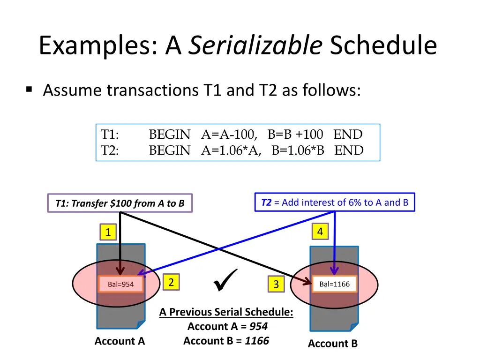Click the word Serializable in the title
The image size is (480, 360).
click(x=255, y=46)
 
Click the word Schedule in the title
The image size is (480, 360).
click(x=383, y=46)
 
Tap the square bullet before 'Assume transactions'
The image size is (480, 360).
click(x=30, y=89)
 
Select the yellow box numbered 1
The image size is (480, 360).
click(x=108, y=232)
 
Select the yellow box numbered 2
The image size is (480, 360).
click(x=171, y=282)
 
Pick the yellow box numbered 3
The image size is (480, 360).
click(x=276, y=284)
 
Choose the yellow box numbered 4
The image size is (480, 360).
click(x=320, y=232)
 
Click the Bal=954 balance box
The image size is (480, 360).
click(x=121, y=284)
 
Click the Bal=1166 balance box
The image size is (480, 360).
click(x=334, y=284)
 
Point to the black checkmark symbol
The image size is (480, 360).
click(x=225, y=280)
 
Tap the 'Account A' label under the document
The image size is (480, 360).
click(x=120, y=341)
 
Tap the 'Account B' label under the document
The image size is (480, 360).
click(x=332, y=344)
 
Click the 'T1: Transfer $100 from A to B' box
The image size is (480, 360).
click(x=120, y=203)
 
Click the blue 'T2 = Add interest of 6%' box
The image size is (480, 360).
click(x=335, y=202)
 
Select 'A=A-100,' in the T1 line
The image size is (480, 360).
click(x=229, y=135)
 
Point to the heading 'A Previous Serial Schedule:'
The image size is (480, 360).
click(x=226, y=312)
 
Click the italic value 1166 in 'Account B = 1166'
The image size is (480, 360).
click(x=257, y=341)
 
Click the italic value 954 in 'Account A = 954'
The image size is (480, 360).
click(x=258, y=326)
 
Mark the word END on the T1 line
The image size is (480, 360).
click(x=348, y=135)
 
